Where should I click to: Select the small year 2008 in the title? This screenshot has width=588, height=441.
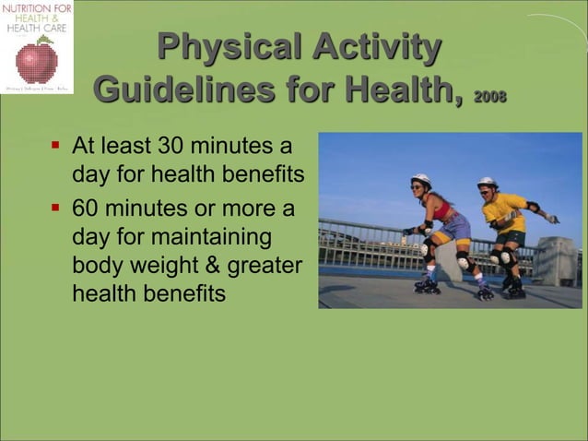pyautogui.click(x=489, y=98)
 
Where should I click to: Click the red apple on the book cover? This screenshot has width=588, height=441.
pyautogui.click(x=37, y=62)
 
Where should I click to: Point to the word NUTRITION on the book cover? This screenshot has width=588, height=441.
pyautogui.click(x=27, y=8)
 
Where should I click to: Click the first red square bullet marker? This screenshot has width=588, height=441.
pyautogui.click(x=55, y=146)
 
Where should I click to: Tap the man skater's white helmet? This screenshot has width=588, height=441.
pyautogui.click(x=488, y=183)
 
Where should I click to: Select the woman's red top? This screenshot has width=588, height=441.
pyautogui.click(x=443, y=209)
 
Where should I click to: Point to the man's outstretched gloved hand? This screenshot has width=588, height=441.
pyautogui.click(x=551, y=219)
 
